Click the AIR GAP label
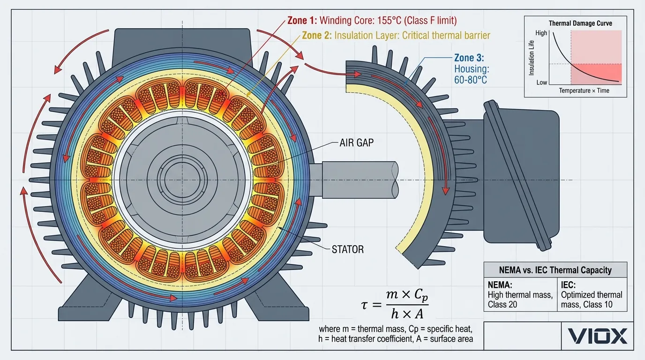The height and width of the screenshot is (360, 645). pos(356,142)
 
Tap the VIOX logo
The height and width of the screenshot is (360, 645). pos(597,336)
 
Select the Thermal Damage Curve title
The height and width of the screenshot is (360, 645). pos(580,23)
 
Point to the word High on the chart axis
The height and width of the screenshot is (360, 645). pos(541,34)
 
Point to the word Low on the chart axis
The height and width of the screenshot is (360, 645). pos(541,82)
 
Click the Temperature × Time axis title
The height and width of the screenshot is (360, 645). pos(584,90)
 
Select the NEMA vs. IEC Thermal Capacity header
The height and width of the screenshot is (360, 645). pos(555,270)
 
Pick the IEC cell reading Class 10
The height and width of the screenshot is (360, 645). pos(592,300)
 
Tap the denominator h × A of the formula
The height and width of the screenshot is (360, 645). pos(406,314)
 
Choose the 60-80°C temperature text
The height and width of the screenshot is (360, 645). pos(470,80)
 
